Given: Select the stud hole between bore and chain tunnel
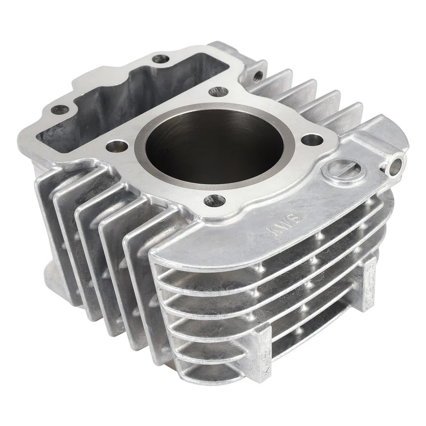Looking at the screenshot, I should tap(118, 145).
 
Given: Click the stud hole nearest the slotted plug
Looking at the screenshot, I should tap(312, 140).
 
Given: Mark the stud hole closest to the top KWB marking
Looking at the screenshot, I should tap(214, 200).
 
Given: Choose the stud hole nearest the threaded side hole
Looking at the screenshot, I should tap(218, 91).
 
